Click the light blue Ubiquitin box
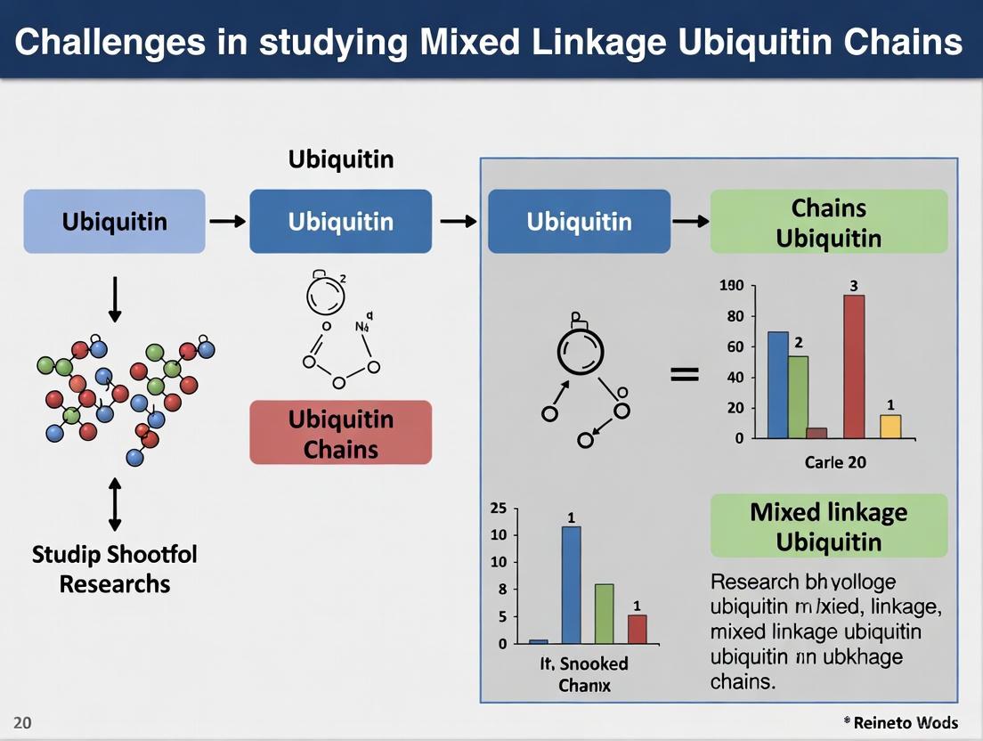coord(114,221)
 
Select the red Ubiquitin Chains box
coord(340,433)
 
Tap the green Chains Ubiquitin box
coord(828,222)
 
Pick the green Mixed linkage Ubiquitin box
coord(828,526)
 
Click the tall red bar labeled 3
coord(854,367)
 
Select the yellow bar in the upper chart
coord(890,427)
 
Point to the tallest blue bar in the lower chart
coord(571,584)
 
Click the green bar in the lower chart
coord(604,614)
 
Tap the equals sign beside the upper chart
coord(684,375)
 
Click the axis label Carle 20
coord(835,462)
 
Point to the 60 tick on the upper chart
coord(735,346)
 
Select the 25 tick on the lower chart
coord(499,509)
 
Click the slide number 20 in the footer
coord(22,722)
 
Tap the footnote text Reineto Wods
coord(903,722)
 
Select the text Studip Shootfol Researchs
coord(114,569)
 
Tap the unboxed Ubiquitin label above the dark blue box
coord(340,159)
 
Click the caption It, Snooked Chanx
coord(584,674)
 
